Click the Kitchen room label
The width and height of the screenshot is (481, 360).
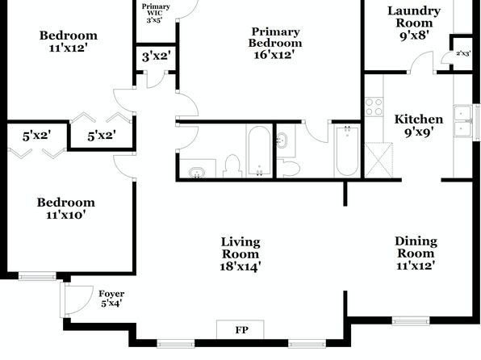419,119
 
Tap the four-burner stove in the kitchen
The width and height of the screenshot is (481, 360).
374,107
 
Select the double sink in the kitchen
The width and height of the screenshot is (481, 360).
463,121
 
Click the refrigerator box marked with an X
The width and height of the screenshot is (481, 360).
379,160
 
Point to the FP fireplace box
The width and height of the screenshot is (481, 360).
240,329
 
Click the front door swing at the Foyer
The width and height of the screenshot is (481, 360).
77,299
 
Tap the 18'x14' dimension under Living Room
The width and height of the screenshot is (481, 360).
240,266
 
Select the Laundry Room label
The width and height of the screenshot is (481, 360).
414,17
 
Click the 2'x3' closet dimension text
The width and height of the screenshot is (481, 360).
463,53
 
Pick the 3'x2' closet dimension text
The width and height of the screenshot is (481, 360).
156,57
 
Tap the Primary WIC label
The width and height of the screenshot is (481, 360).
156,10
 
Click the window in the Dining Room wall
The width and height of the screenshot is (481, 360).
411,321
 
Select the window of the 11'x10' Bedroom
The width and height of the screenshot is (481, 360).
37,277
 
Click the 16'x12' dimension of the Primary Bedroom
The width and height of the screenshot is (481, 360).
274,55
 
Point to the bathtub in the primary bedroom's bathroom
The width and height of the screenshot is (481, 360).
347,151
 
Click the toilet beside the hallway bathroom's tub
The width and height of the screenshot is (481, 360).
232,166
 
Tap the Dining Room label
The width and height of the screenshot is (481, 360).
416,247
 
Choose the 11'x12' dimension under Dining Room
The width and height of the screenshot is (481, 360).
416,266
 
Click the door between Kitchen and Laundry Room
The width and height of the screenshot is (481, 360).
422,62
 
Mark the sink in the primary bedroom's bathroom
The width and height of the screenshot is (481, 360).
282,140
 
